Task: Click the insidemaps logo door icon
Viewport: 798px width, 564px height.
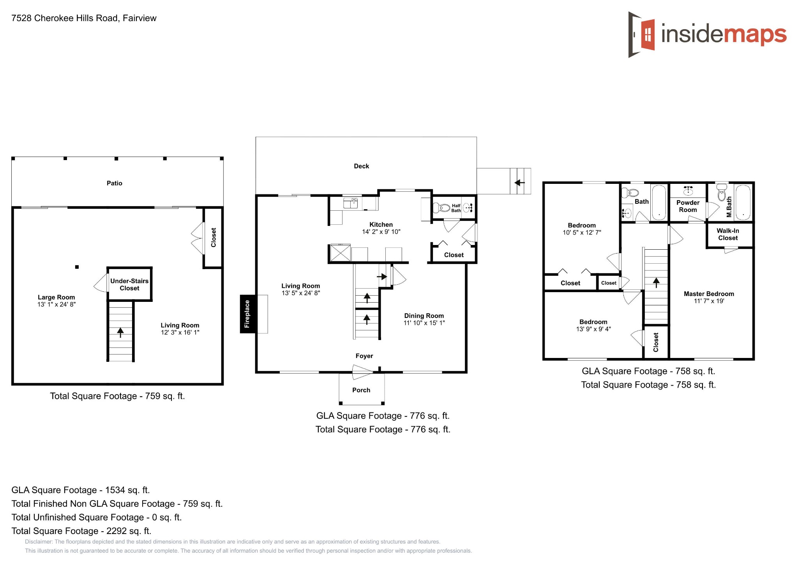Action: pyautogui.click(x=641, y=35)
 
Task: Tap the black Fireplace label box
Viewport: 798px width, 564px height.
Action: pyautogui.click(x=247, y=314)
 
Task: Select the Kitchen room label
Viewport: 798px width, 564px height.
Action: pyautogui.click(x=381, y=225)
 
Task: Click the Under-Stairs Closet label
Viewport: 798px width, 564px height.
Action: pyautogui.click(x=129, y=285)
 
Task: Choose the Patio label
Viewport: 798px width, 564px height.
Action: pyautogui.click(x=115, y=183)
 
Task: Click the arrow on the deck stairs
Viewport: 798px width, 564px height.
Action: pyautogui.click(x=520, y=182)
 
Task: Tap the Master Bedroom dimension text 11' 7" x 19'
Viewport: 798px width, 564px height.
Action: pyautogui.click(x=709, y=301)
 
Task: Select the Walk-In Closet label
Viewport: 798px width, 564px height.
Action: pyautogui.click(x=728, y=234)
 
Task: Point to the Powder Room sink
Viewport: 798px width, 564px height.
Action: pyautogui.click(x=688, y=190)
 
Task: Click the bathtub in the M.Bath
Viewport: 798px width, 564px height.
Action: pyautogui.click(x=743, y=202)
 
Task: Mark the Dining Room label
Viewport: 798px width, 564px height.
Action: pyautogui.click(x=424, y=316)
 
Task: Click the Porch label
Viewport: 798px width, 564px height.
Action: pyautogui.click(x=361, y=390)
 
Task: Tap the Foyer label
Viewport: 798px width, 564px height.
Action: pyautogui.click(x=364, y=356)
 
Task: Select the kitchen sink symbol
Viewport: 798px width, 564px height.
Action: pyautogui.click(x=351, y=203)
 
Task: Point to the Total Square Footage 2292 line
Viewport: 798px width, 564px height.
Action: pyautogui.click(x=81, y=531)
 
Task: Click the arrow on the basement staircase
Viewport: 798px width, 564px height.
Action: pyautogui.click(x=120, y=332)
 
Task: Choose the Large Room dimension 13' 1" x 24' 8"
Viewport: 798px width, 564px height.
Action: pyautogui.click(x=56, y=305)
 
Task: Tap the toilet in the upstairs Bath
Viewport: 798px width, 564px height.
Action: pyautogui.click(x=630, y=193)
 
